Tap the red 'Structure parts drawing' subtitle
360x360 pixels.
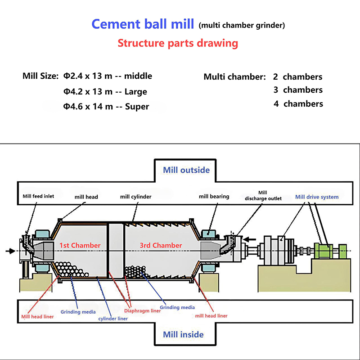(177, 44)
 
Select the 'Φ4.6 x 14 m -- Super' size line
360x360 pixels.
(106, 107)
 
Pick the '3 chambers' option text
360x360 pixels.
(298, 90)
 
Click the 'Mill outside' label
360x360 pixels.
(186, 170)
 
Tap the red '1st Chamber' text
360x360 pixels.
(80, 245)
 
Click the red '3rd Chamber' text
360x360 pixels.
(161, 245)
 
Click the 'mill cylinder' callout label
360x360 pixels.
(135, 197)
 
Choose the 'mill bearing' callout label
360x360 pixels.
(214, 196)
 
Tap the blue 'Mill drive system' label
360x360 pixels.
(317, 197)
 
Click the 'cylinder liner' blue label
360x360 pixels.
(113, 318)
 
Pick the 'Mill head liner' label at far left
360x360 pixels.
(37, 316)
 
